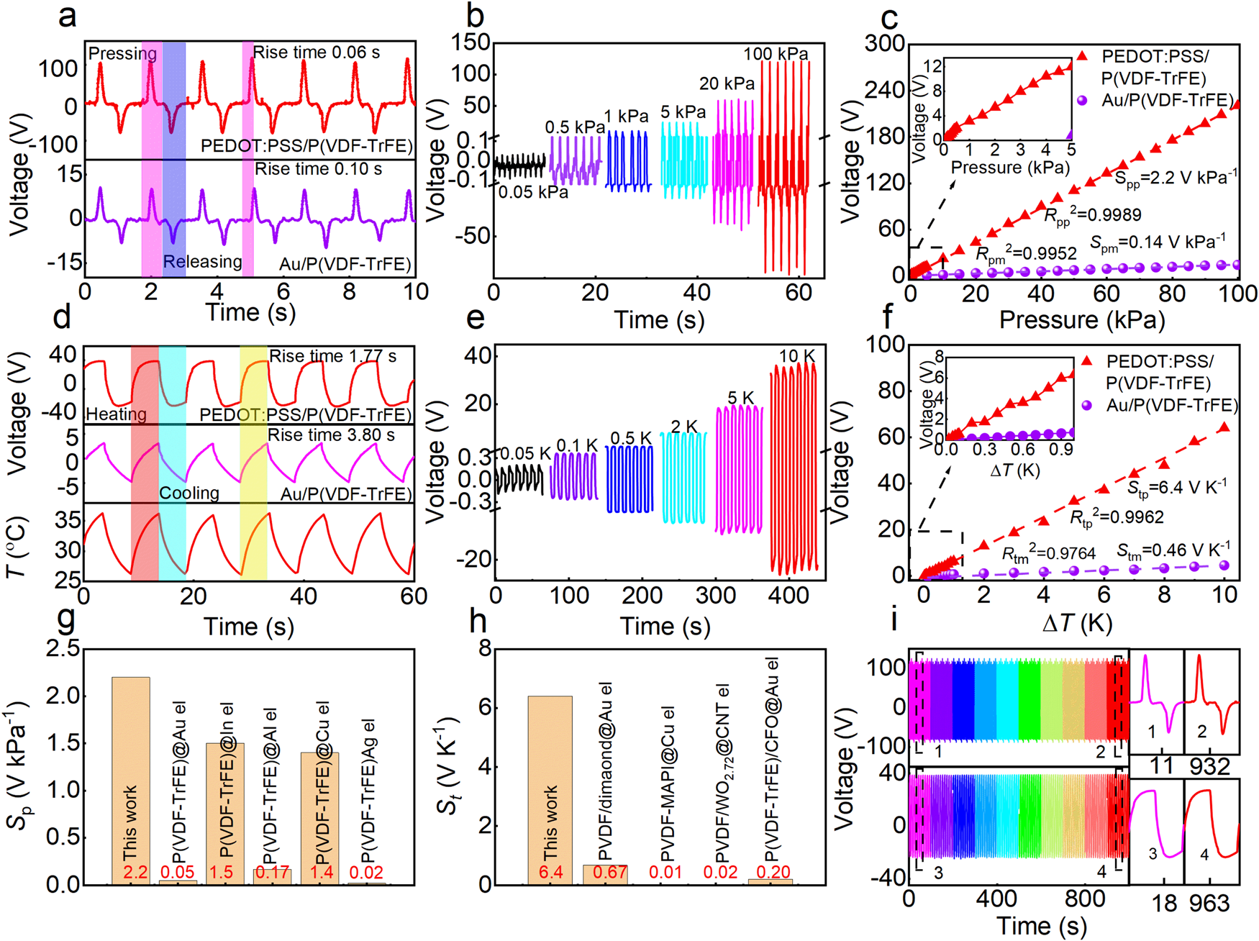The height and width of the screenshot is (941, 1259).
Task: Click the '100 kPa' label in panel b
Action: point(776,54)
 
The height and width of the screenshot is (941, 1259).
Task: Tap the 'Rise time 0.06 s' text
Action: point(317,53)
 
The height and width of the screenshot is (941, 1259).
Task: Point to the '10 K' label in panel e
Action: point(797,356)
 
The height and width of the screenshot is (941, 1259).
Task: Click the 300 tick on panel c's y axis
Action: point(884,43)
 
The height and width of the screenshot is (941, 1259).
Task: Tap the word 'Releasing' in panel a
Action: point(202,261)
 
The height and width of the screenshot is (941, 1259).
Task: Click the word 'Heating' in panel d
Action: point(116,414)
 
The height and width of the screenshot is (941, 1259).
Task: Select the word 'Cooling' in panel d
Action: point(189,493)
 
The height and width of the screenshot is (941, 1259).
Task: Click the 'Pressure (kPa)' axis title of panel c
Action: point(1082,319)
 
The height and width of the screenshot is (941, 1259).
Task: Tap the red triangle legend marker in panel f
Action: point(1087,360)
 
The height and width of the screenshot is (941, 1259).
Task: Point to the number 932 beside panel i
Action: point(1210,766)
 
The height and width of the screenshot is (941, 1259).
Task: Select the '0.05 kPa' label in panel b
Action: point(533,192)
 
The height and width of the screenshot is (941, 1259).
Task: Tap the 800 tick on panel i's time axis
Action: point(1085,899)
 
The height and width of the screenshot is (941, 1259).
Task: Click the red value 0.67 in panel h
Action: point(605,873)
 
